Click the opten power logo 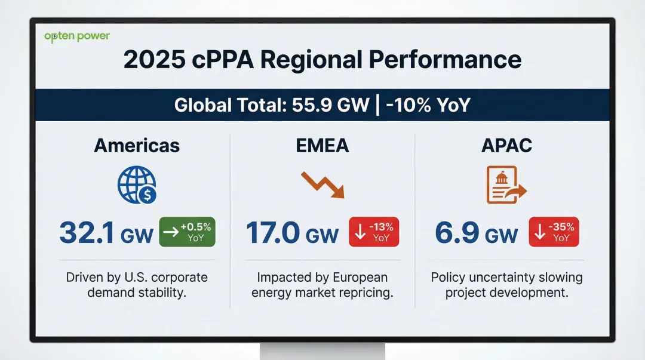(77, 36)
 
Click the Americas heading (137, 145)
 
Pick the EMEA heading (322, 145)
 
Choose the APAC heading (507, 145)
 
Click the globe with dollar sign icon (137, 184)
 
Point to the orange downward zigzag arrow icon (322, 184)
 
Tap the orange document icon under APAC (506, 184)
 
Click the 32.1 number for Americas (87, 233)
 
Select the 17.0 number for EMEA (272, 233)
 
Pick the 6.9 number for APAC (457, 233)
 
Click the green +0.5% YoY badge (187, 232)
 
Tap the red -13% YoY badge (374, 232)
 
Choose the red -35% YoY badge (554, 232)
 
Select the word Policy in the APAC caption (449, 278)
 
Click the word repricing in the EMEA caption (365, 293)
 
